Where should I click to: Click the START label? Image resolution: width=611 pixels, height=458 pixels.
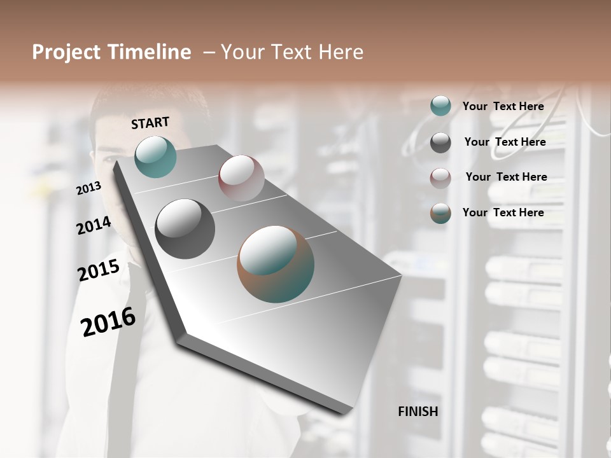coord(150,123)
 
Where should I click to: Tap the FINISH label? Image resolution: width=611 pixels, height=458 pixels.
coord(418,412)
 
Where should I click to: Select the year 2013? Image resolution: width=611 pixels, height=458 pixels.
coord(88,188)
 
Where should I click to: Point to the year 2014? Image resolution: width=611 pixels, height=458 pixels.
coord(94,225)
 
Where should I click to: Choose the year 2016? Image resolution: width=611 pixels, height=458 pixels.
coord(108,321)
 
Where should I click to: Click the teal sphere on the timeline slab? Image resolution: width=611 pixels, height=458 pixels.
coord(155,156)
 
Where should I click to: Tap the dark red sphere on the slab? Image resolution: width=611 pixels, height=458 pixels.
coord(241,177)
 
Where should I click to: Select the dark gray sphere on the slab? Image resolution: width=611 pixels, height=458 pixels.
coord(185,229)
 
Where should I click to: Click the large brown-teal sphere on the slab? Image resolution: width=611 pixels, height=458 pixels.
coord(276,264)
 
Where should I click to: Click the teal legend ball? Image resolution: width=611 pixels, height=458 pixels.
coord(440,106)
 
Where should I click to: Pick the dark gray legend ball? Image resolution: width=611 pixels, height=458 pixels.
coord(440,142)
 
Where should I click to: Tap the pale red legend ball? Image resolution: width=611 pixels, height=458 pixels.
coord(440,178)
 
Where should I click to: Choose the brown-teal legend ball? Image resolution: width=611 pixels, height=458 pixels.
coord(440,213)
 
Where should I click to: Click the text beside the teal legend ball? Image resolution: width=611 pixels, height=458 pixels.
coord(503,106)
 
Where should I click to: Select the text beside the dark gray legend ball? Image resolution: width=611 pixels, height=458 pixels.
coord(505,142)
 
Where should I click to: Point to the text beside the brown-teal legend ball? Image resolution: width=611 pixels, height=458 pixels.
coord(503,212)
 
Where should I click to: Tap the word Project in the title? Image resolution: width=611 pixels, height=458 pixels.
coord(66,53)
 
